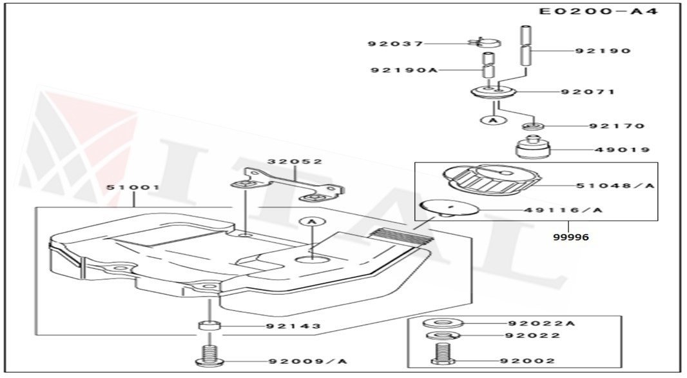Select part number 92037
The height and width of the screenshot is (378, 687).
(x=396, y=44)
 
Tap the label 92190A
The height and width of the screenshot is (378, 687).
(x=403, y=70)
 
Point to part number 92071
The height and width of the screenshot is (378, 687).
(x=587, y=92)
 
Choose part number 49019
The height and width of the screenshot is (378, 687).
(x=622, y=150)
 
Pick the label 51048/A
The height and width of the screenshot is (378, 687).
(x=615, y=186)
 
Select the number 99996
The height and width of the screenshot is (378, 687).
(x=570, y=237)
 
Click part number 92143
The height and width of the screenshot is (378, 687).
(x=293, y=326)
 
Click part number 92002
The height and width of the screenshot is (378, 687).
(x=531, y=361)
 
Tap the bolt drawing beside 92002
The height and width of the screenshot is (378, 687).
(x=442, y=353)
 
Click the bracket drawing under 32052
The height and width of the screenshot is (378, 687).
(x=287, y=184)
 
